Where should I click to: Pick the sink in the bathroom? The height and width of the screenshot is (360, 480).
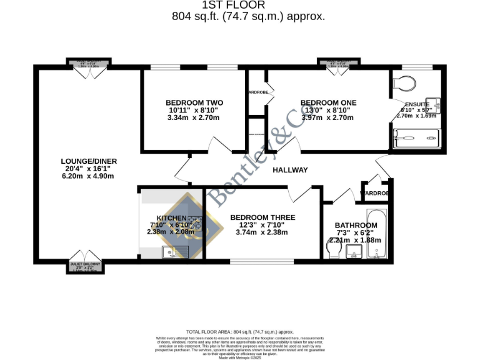[x=354, y=252]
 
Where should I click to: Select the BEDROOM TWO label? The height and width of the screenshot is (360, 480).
[x=194, y=102]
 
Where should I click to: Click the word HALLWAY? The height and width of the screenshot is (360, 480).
[x=290, y=170]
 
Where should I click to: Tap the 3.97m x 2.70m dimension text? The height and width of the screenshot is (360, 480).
[x=328, y=117]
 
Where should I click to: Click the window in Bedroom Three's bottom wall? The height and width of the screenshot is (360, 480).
[x=262, y=261]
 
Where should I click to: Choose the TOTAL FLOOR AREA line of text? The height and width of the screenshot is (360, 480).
[x=240, y=332]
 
